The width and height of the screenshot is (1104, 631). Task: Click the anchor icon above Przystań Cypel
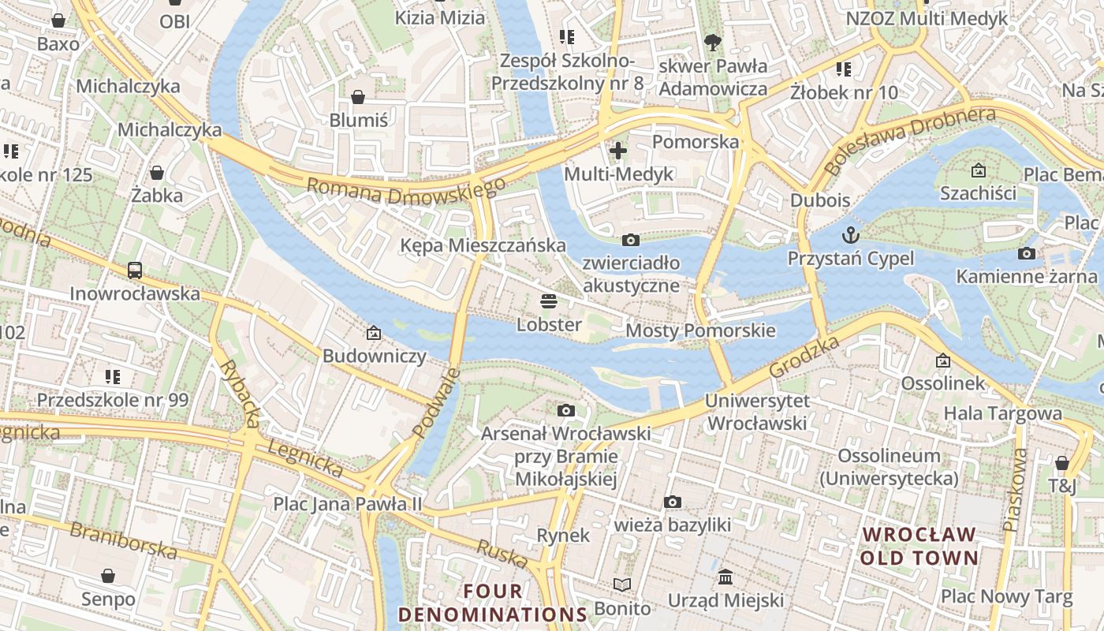tap(851, 234)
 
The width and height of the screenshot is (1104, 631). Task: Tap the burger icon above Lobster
tap(549, 301)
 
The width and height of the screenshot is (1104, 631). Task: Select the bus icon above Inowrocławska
tap(135, 270)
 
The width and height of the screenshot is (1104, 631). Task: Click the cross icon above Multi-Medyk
tap(618, 150)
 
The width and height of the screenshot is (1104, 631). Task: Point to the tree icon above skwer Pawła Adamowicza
tap(712, 42)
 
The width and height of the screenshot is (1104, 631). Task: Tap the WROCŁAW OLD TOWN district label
tap(919, 547)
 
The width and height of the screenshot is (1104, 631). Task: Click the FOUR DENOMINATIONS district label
tap(493, 603)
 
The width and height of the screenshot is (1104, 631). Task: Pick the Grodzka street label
tap(804, 357)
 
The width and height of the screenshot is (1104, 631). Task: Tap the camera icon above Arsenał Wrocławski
tap(565, 410)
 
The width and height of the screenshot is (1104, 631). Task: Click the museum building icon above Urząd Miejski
tap(725, 577)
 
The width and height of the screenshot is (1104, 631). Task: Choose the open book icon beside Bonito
tap(622, 584)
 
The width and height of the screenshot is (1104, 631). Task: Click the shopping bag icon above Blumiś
tap(358, 97)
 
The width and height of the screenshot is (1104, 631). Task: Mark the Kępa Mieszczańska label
tap(483, 245)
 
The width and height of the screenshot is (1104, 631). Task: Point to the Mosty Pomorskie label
tap(700, 330)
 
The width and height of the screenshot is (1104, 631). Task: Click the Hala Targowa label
tap(1002, 413)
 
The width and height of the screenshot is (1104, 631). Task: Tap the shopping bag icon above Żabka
tap(157, 172)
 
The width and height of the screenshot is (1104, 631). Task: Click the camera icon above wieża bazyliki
tap(673, 502)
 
